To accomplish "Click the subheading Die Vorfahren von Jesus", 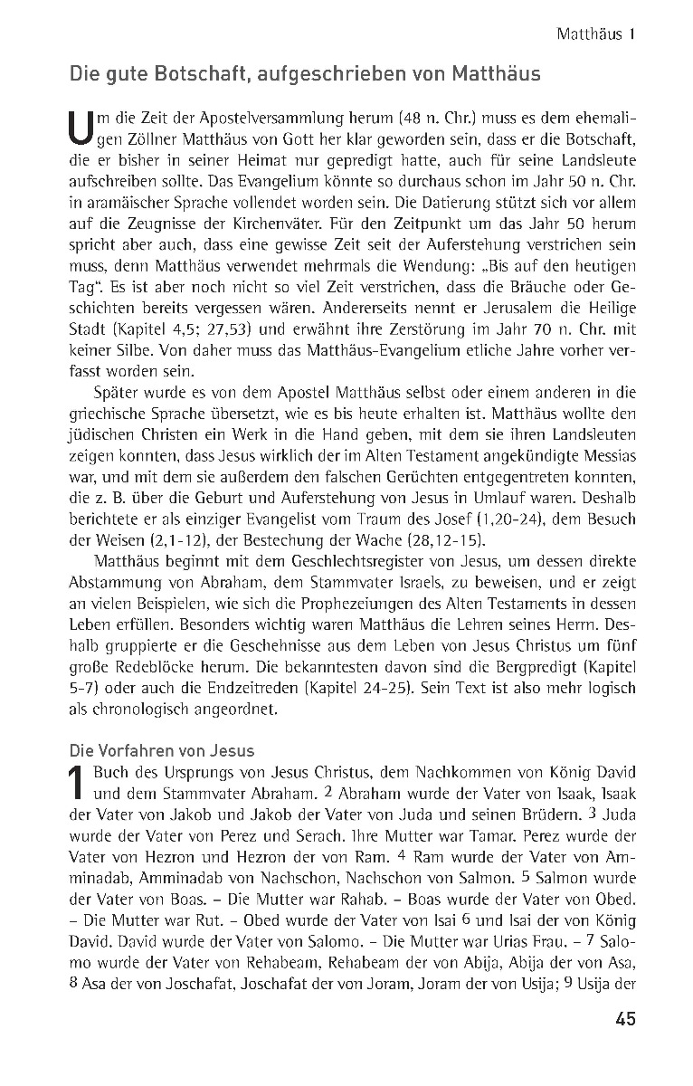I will tap(162, 750).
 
